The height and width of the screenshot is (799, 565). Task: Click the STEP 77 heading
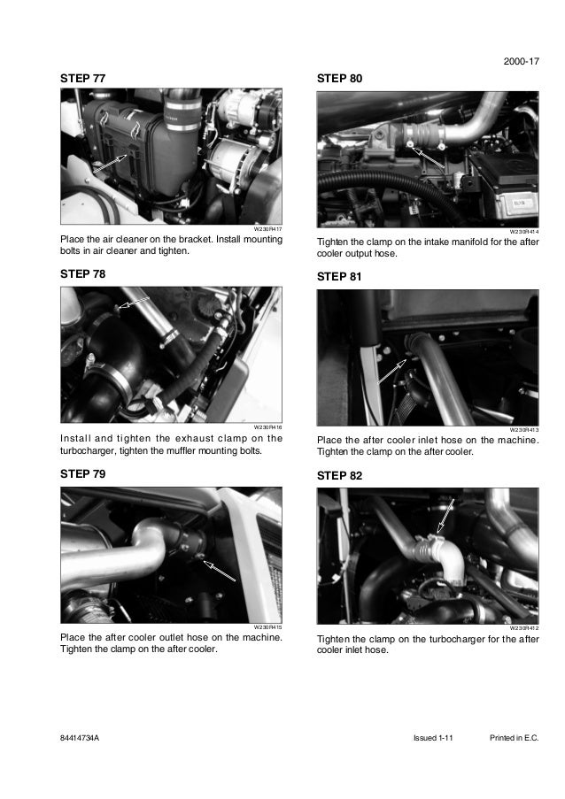pos(82,79)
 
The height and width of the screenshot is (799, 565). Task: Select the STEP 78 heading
pos(82,274)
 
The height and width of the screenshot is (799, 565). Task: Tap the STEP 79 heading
pos(82,474)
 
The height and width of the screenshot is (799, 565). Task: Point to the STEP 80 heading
pos(339,79)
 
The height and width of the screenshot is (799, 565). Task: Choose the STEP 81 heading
pos(339,277)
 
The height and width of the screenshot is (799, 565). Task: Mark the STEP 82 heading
pos(339,476)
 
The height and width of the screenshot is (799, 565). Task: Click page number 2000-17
pos(521,61)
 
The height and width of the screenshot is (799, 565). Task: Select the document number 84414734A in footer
pos(80,738)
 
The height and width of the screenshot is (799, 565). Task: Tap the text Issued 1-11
pos(433,738)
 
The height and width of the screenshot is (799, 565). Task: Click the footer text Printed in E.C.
pos(514,738)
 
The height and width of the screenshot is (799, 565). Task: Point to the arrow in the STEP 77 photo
pos(110,163)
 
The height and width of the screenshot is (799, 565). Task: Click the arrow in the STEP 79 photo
pos(220,571)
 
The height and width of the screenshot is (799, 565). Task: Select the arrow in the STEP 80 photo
pos(429,157)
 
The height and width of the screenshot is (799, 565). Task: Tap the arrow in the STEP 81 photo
pos(392,371)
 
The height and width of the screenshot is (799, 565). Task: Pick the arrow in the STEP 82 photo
pos(445,516)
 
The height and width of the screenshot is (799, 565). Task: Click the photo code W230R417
pos(268,229)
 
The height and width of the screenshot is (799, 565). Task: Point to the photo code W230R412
pos(524,628)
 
